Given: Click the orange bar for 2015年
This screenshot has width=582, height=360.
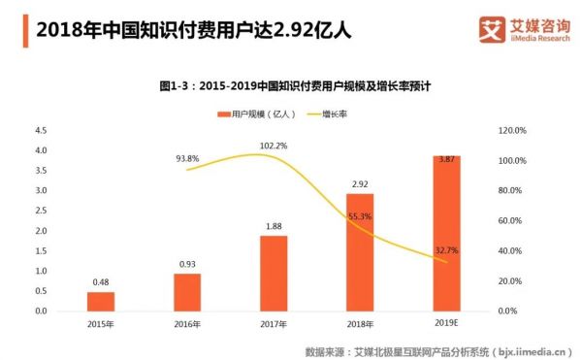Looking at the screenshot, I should point(100,301).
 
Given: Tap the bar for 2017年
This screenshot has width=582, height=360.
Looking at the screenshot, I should point(273,273).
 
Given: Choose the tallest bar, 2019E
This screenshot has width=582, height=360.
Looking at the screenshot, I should point(446,233).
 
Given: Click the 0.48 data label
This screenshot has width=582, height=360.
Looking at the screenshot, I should point(100,282).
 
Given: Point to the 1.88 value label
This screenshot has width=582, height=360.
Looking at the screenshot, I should point(273,225).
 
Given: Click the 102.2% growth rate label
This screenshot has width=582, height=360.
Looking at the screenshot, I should point(274,146).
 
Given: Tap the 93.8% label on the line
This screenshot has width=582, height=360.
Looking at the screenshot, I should point(188,158).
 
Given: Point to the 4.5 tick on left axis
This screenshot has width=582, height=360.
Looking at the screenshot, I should point(41,130).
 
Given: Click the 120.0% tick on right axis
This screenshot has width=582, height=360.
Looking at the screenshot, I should point(513,130).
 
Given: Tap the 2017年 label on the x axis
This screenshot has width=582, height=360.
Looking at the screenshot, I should point(273,324).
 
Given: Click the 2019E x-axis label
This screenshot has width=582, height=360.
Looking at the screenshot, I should point(446,324).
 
